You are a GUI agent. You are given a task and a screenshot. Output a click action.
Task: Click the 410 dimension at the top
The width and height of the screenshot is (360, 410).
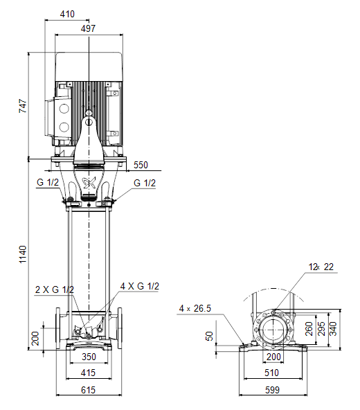[x=67, y=14]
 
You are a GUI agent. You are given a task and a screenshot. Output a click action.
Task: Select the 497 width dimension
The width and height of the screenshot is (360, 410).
[x=88, y=28]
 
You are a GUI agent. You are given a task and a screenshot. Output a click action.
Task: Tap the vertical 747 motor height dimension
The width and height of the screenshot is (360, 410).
[x=23, y=106]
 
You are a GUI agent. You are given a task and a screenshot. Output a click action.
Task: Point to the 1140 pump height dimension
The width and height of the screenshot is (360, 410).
[x=23, y=254]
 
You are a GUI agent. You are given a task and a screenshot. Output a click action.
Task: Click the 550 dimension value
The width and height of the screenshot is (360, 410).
[x=141, y=165]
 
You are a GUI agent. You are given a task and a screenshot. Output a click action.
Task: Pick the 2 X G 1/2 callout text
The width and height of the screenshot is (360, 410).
[x=55, y=289]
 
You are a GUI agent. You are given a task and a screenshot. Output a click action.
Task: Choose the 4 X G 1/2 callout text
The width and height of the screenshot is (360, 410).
[x=140, y=286]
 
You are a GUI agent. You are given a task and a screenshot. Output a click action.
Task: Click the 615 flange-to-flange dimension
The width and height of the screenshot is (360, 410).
[x=88, y=390]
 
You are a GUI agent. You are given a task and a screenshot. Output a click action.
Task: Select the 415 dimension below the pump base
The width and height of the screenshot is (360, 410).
[x=88, y=373]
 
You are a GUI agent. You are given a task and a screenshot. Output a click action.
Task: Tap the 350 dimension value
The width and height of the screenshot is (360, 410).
[x=89, y=357]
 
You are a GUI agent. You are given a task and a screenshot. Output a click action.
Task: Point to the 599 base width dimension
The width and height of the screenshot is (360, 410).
[x=272, y=390]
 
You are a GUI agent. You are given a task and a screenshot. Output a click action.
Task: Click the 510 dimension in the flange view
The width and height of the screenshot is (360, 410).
[x=272, y=373]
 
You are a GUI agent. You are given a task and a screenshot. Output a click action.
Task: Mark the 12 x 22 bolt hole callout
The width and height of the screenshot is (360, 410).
[x=321, y=267]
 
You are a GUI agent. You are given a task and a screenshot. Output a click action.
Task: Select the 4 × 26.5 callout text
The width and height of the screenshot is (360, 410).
[x=195, y=308]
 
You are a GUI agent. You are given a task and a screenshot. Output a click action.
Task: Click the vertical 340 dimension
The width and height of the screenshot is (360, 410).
[x=333, y=329]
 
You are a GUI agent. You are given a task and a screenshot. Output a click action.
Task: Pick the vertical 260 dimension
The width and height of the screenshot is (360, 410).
[x=309, y=329]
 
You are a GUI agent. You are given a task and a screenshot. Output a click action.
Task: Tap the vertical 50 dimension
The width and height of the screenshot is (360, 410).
[x=209, y=336]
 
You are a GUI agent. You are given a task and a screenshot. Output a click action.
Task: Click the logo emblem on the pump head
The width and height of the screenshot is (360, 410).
[x=89, y=182]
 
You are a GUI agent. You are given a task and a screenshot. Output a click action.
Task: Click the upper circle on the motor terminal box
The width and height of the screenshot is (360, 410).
[x=64, y=109]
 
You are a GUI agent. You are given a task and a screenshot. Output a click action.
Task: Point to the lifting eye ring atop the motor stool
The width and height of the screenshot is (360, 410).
[x=89, y=113]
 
